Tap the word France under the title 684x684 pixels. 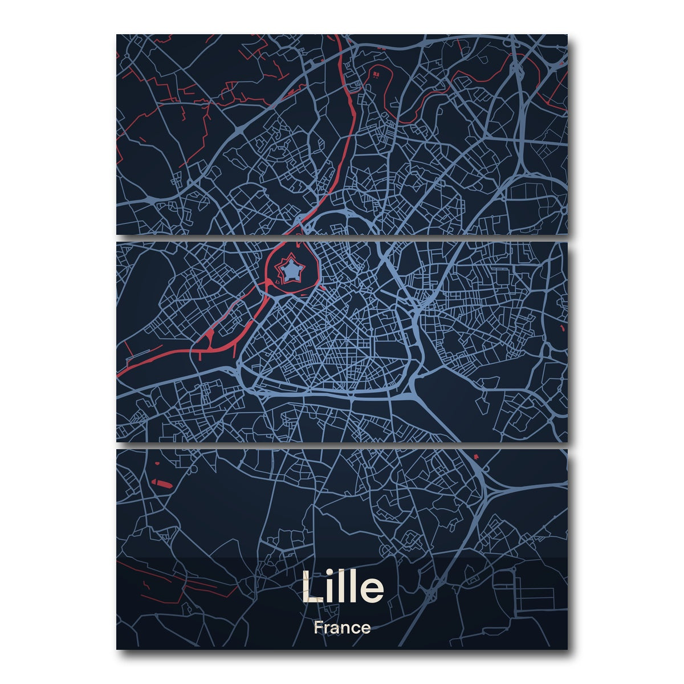342,628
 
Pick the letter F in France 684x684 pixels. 317,628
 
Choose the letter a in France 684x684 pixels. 337,629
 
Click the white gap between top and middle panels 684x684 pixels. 342,238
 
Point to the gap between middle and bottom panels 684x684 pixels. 342,445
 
